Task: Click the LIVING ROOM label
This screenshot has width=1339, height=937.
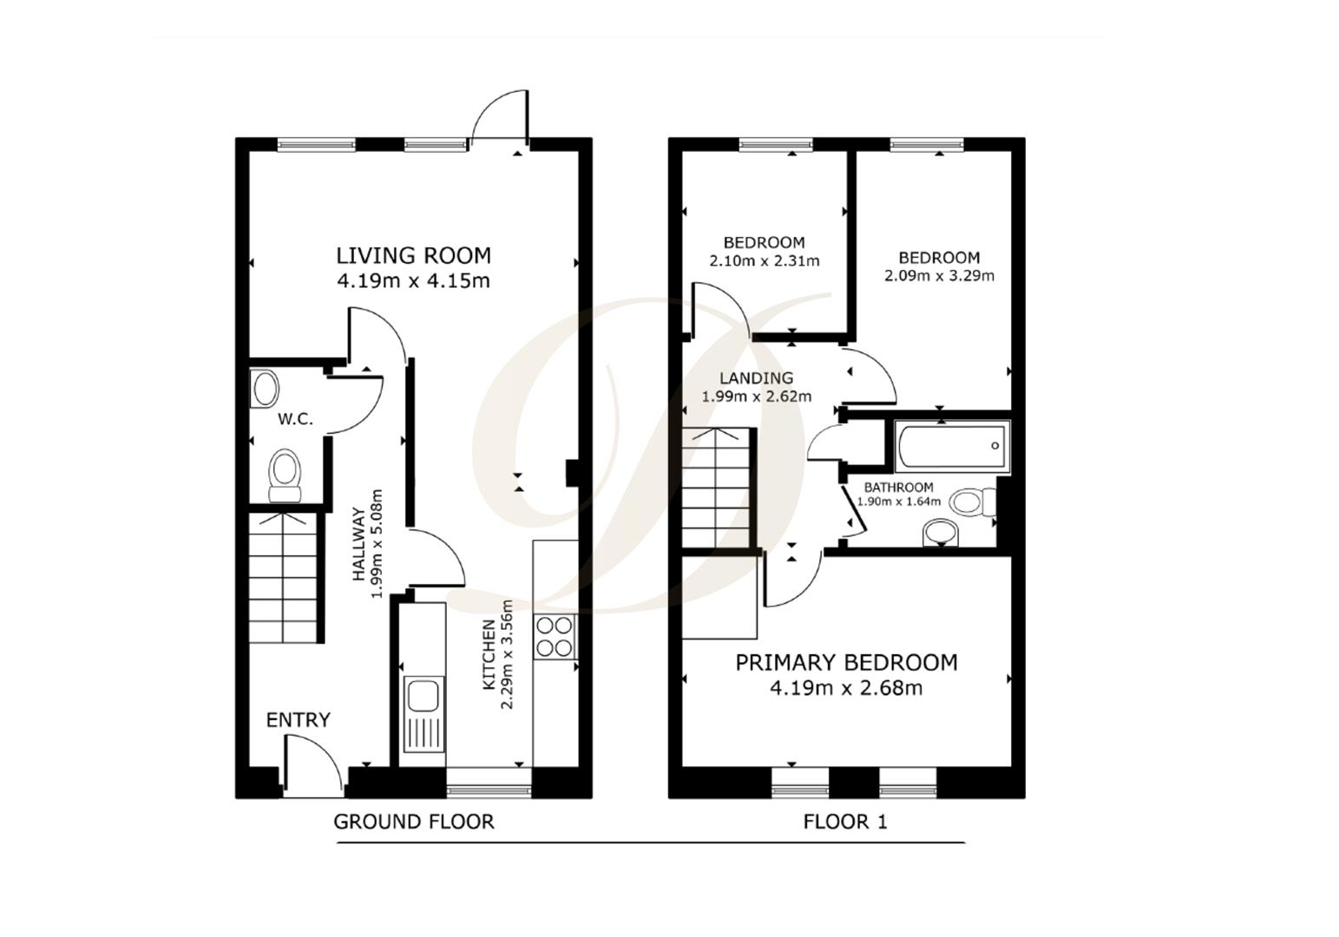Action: [413, 255]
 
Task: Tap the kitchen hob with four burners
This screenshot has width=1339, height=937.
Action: [555, 636]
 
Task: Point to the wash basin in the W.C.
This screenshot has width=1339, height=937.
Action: [264, 390]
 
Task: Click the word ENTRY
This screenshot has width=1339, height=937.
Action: [298, 720]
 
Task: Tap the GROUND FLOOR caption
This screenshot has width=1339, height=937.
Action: [414, 822]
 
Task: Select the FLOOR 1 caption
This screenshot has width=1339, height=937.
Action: [845, 822]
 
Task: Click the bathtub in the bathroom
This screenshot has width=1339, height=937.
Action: [952, 446]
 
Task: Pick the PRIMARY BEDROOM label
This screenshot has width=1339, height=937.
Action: [846, 663]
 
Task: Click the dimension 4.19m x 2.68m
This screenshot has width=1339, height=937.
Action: [846, 689]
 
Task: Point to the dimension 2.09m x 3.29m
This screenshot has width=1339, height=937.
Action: [939, 276]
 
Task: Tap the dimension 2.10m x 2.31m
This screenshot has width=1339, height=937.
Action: [764, 260]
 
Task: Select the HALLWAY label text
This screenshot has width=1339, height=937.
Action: [358, 545]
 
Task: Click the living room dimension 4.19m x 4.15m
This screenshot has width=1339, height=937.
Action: [413, 281]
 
